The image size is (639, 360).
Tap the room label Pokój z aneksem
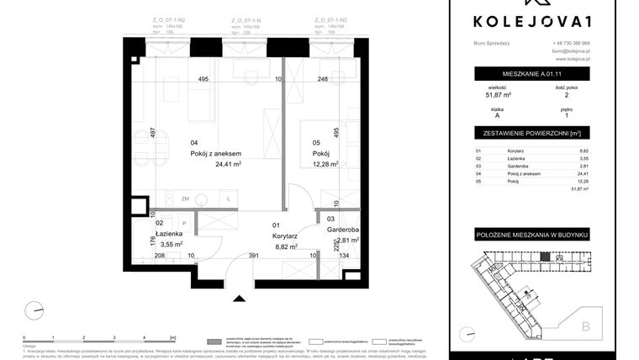[216, 154]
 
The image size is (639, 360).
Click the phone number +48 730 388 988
[571, 43]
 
